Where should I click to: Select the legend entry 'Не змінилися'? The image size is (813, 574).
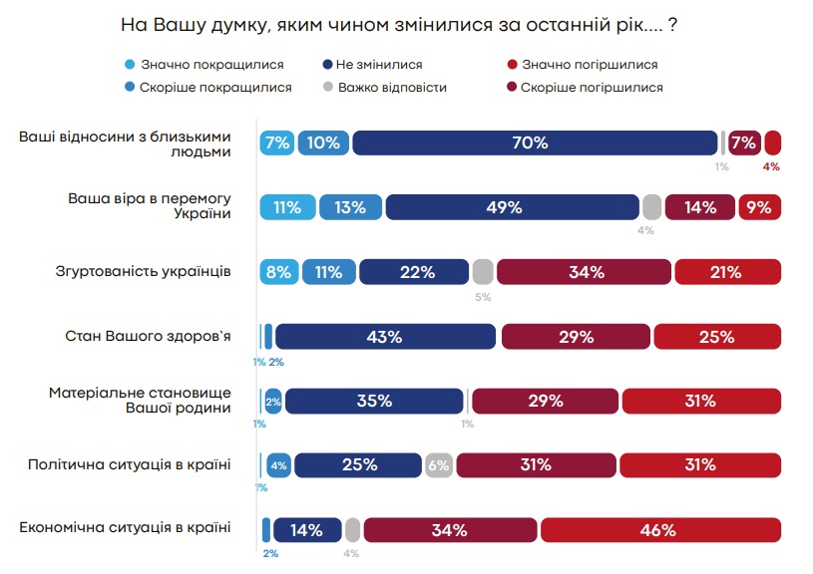(378, 65)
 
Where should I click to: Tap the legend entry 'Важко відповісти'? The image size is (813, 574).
(391, 88)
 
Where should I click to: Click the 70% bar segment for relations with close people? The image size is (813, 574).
(535, 143)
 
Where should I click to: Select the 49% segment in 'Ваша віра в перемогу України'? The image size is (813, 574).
(512, 207)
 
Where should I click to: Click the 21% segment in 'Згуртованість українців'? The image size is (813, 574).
(727, 272)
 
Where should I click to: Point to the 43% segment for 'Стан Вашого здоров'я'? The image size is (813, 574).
(385, 337)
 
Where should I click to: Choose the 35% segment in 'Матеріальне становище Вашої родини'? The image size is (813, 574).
(373, 401)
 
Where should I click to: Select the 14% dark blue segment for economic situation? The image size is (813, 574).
(307, 530)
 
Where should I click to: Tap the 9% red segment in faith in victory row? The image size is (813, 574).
(759, 207)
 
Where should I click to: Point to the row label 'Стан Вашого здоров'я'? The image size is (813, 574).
(149, 336)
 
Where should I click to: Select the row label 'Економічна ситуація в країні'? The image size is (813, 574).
(126, 528)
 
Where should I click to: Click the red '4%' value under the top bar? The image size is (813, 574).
(771, 166)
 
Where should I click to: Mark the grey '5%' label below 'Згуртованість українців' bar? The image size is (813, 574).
(483, 296)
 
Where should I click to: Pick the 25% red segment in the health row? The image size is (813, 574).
(717, 337)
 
